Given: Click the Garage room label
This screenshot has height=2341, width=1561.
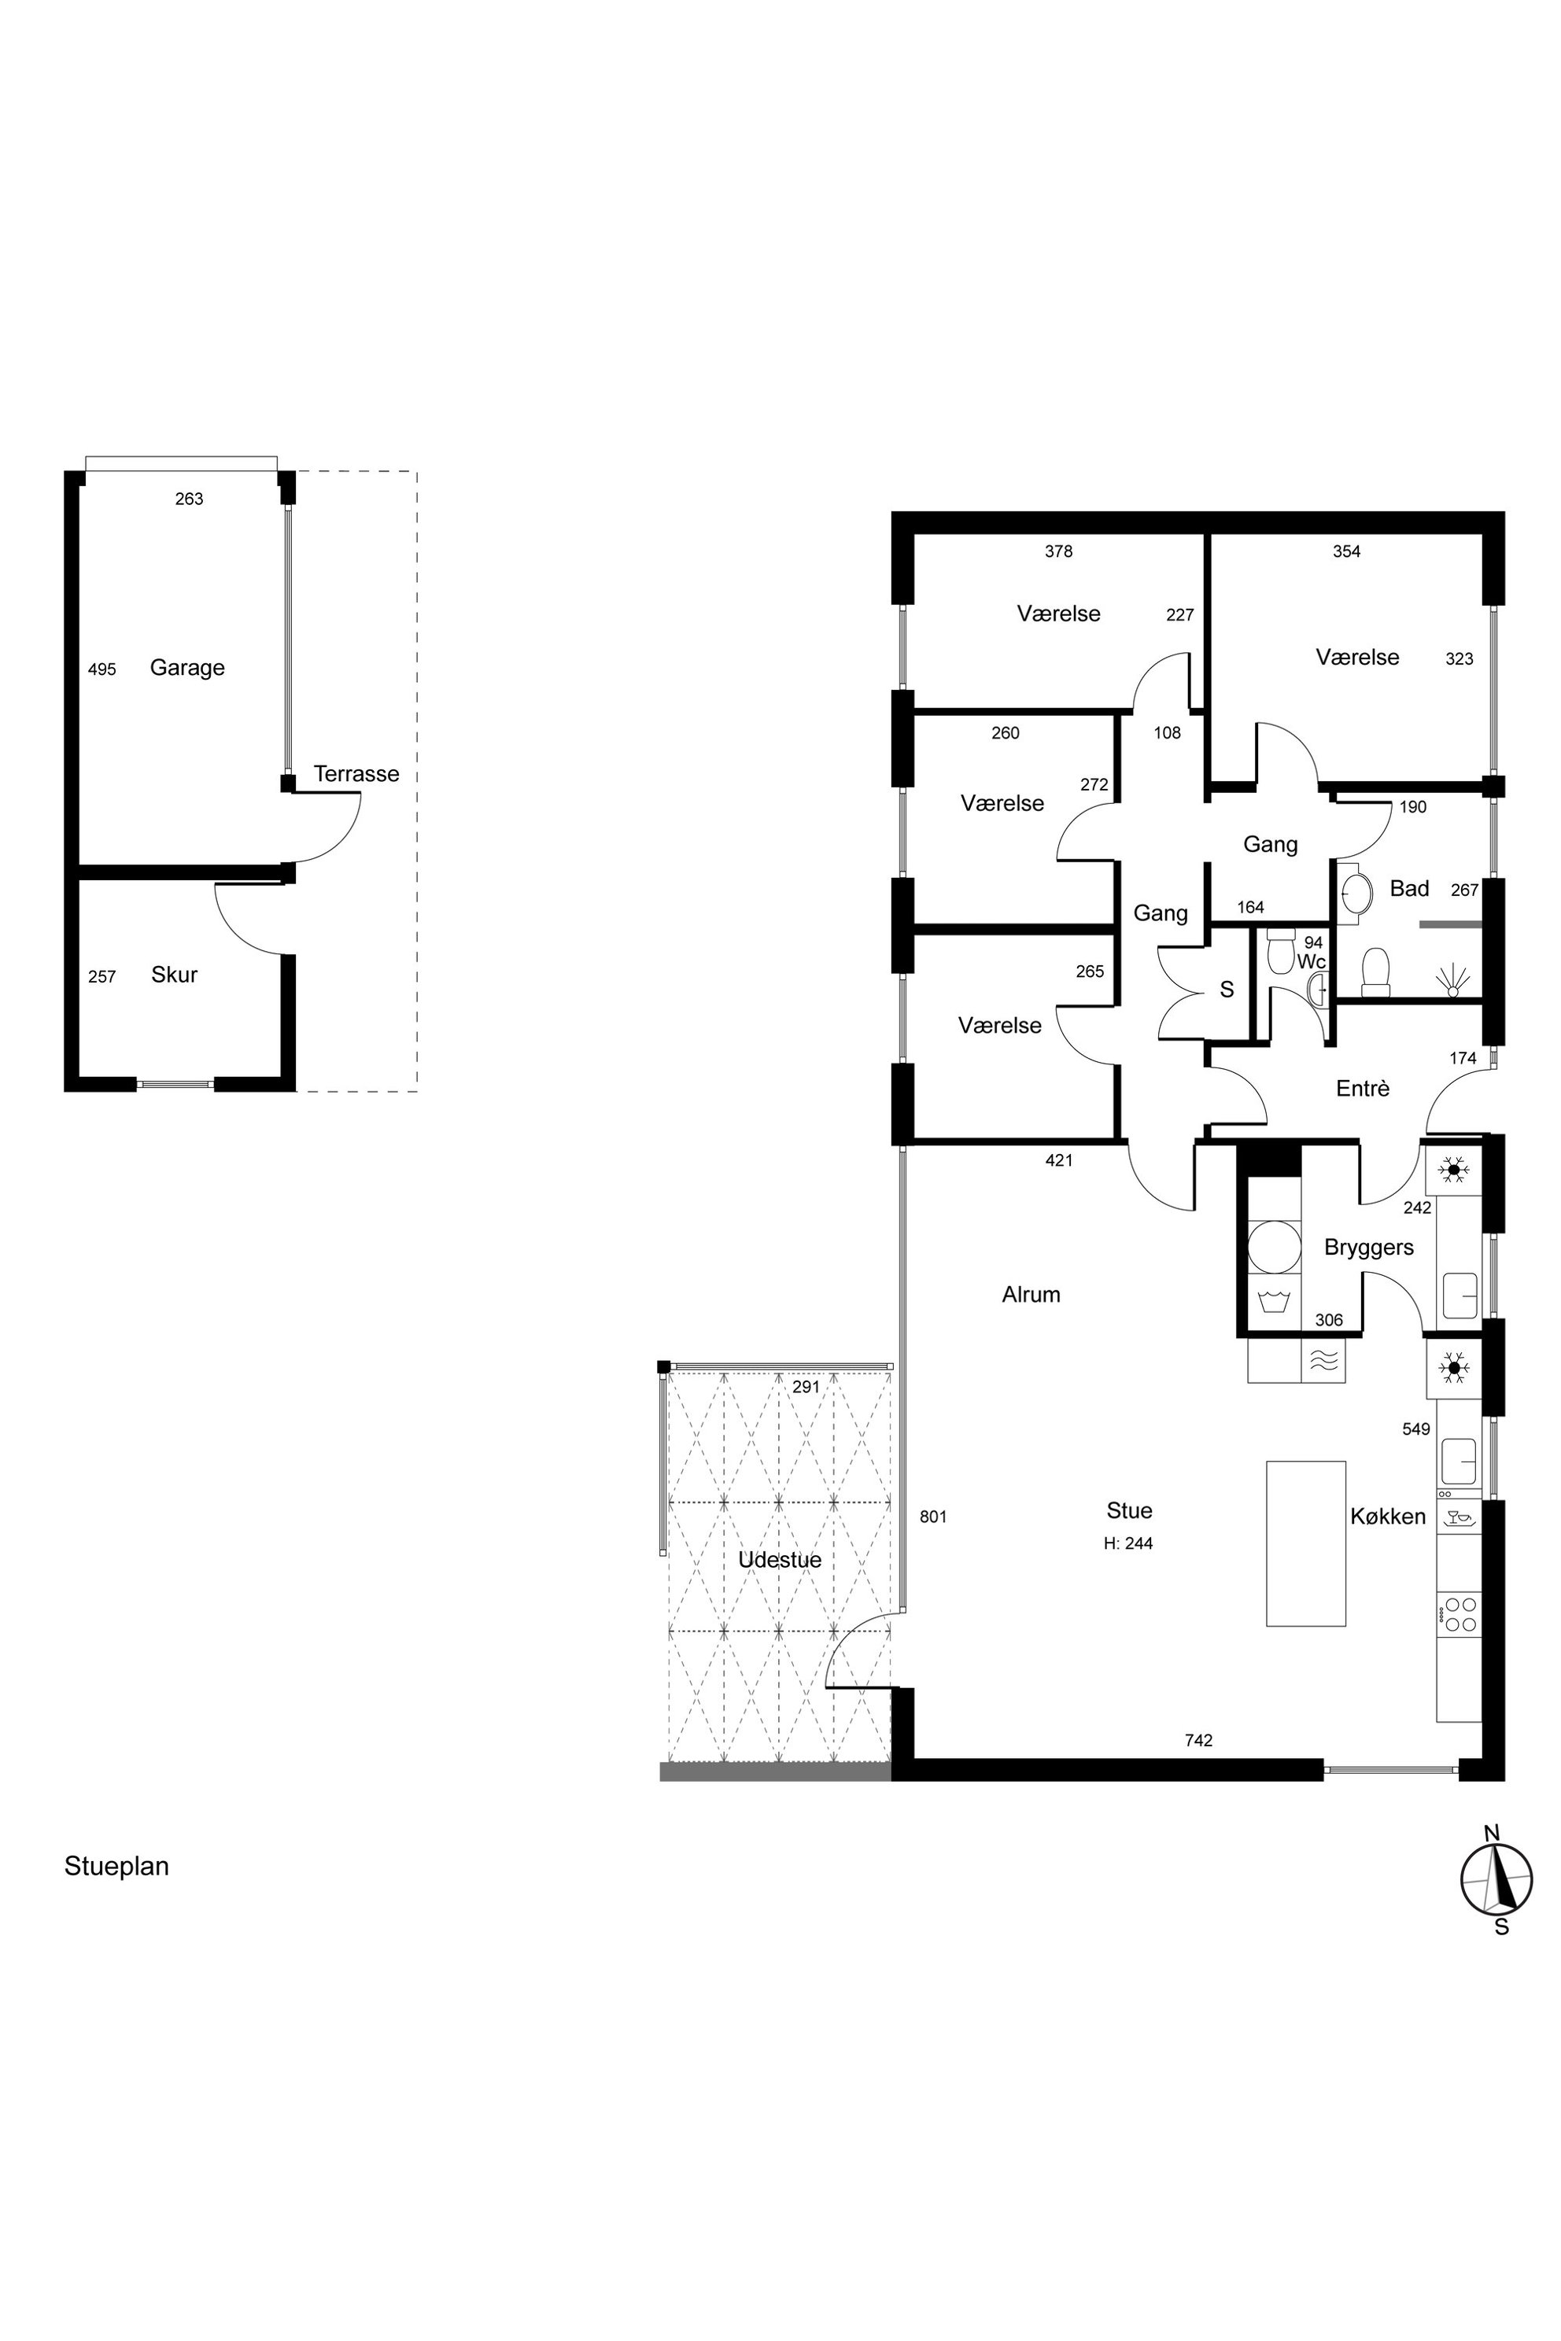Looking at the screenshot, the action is (187, 668).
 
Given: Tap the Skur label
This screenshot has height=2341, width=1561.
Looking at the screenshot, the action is (174, 975).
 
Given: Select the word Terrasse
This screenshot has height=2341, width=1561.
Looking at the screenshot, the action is (356, 773).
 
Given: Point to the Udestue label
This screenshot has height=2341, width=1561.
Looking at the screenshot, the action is (780, 1560).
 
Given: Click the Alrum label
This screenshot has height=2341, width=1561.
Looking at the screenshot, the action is (1031, 1294).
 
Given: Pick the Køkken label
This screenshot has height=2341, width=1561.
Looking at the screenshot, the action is (1388, 1516).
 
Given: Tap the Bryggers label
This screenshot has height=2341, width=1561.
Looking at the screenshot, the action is (1369, 1247).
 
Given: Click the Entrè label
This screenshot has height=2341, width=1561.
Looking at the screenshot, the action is (1362, 1088).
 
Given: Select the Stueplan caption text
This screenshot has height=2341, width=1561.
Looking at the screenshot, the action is (116, 1865).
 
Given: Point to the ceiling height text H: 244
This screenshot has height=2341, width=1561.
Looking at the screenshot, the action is (1129, 1543).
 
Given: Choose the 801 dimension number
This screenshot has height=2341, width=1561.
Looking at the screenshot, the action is (933, 1517).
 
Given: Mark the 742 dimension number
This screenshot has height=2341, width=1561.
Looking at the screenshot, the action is (1198, 1740).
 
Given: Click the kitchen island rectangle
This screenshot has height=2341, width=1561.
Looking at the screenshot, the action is (1306, 1543).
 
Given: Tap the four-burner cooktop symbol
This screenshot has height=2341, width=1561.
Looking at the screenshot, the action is (1459, 1613).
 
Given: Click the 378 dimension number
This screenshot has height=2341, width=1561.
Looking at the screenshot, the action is (1058, 551).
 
